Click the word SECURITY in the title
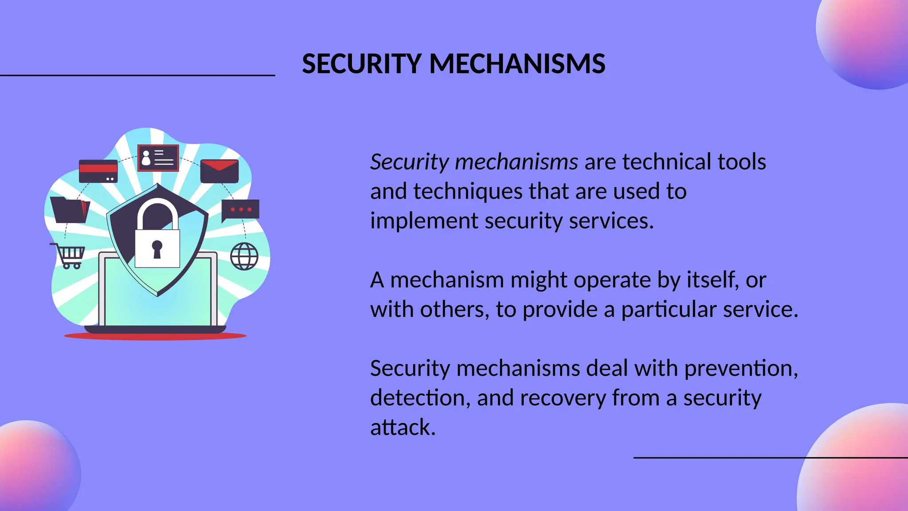pos(361,63)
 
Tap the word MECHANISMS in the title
pos(517,63)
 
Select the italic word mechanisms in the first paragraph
pos(517,162)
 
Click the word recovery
pos(563,398)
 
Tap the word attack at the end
pos(403,428)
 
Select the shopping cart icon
pos(68,255)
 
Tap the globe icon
pos(244,256)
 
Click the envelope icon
pos(219,171)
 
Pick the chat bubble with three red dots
pos(240,210)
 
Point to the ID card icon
pos(158,158)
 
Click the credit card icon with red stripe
pos(98,171)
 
